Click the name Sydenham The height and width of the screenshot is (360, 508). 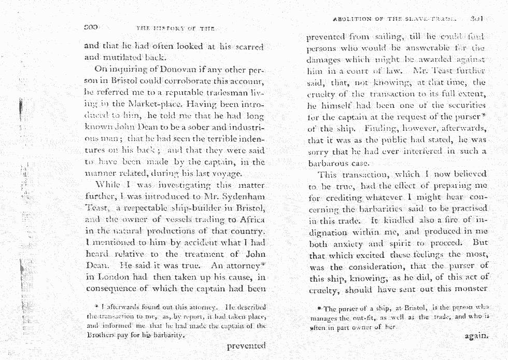(x=244, y=197)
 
